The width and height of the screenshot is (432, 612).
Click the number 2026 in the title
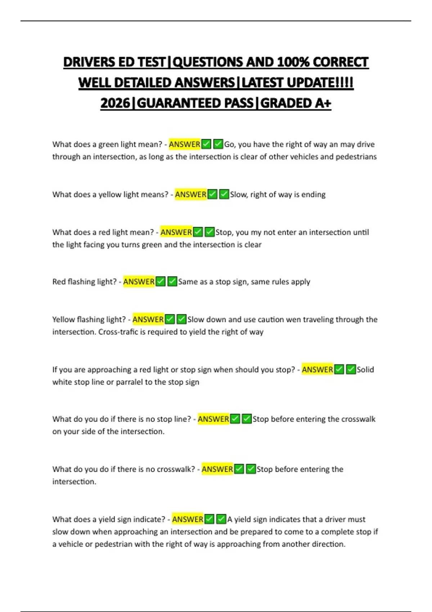point(115,103)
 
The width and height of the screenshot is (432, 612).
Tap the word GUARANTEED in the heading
point(195,103)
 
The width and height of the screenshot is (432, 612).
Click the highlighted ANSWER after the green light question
point(184,144)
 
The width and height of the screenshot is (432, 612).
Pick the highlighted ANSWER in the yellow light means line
point(190,194)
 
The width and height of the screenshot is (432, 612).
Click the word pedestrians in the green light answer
point(356,157)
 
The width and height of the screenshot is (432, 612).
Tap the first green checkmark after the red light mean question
point(198,232)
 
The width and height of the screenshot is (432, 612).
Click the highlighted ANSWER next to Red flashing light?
point(139,282)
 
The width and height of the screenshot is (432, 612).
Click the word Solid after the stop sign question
point(365,370)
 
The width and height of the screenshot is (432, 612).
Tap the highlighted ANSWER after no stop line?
point(213,419)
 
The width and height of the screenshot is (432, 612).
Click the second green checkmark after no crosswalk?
point(251,469)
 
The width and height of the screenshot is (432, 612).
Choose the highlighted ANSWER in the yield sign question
point(188,519)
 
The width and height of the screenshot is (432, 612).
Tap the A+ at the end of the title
point(323,103)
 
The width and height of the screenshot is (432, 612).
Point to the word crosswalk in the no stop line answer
point(358,419)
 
